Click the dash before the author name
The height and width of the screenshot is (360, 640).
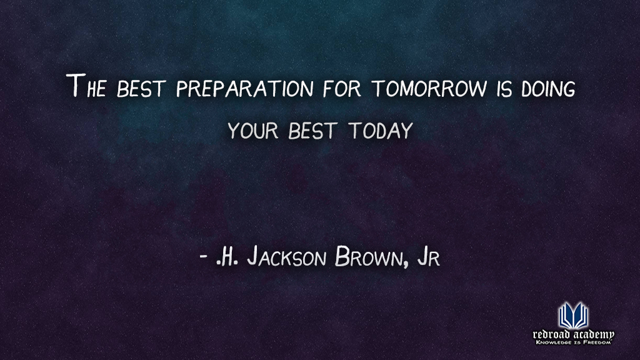[x=202, y=257]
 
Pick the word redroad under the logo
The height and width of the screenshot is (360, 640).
[x=550, y=334]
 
